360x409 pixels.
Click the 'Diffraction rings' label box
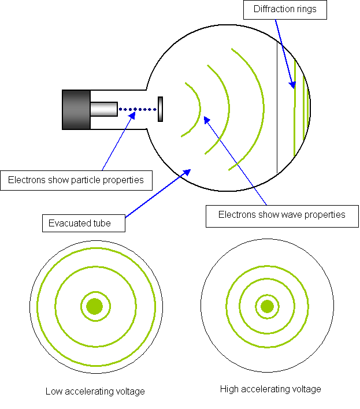285,10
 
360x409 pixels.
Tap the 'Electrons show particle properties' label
76,180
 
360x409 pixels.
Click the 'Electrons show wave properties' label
281,215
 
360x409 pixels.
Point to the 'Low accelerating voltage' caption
95,392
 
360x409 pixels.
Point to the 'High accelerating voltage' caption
270,389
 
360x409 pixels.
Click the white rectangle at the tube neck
149,109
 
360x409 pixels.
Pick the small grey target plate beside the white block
160,109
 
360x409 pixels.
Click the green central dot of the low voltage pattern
94,306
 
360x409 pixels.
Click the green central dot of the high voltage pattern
267,306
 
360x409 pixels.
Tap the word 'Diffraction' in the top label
273,10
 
